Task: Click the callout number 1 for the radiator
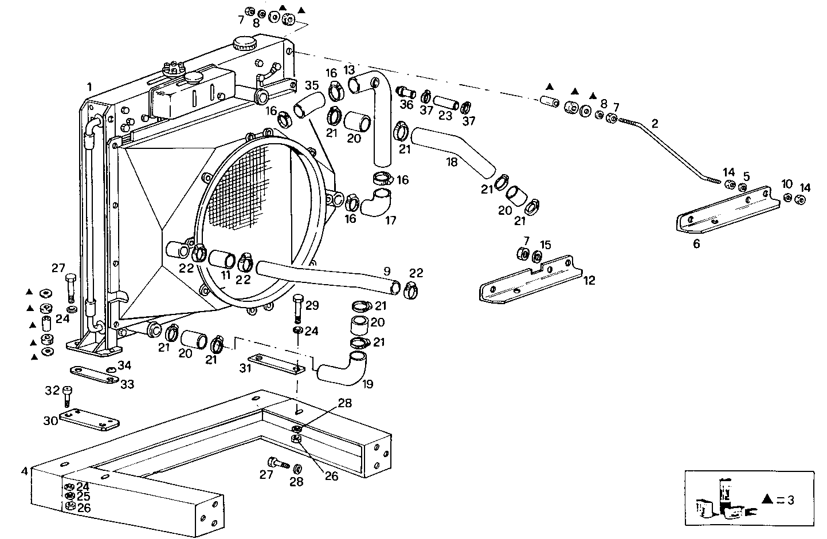pos(89,87)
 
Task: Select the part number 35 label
pos(311,86)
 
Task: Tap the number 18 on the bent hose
pos(452,162)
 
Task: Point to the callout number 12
pos(589,280)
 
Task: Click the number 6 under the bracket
pos(696,244)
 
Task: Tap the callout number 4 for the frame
pos(24,471)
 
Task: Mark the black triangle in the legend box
pos(768,499)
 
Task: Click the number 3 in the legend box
pos(791,500)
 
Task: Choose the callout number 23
pos(446,115)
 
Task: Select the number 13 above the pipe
pos(350,70)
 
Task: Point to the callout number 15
pos(545,245)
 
